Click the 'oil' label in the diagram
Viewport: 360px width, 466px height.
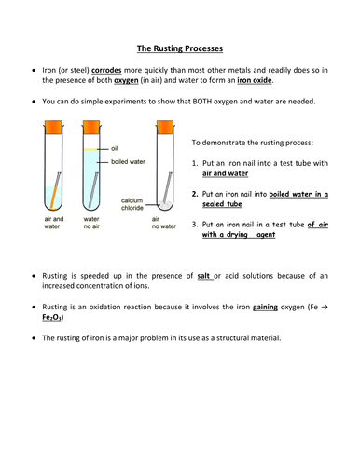tap(115, 147)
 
